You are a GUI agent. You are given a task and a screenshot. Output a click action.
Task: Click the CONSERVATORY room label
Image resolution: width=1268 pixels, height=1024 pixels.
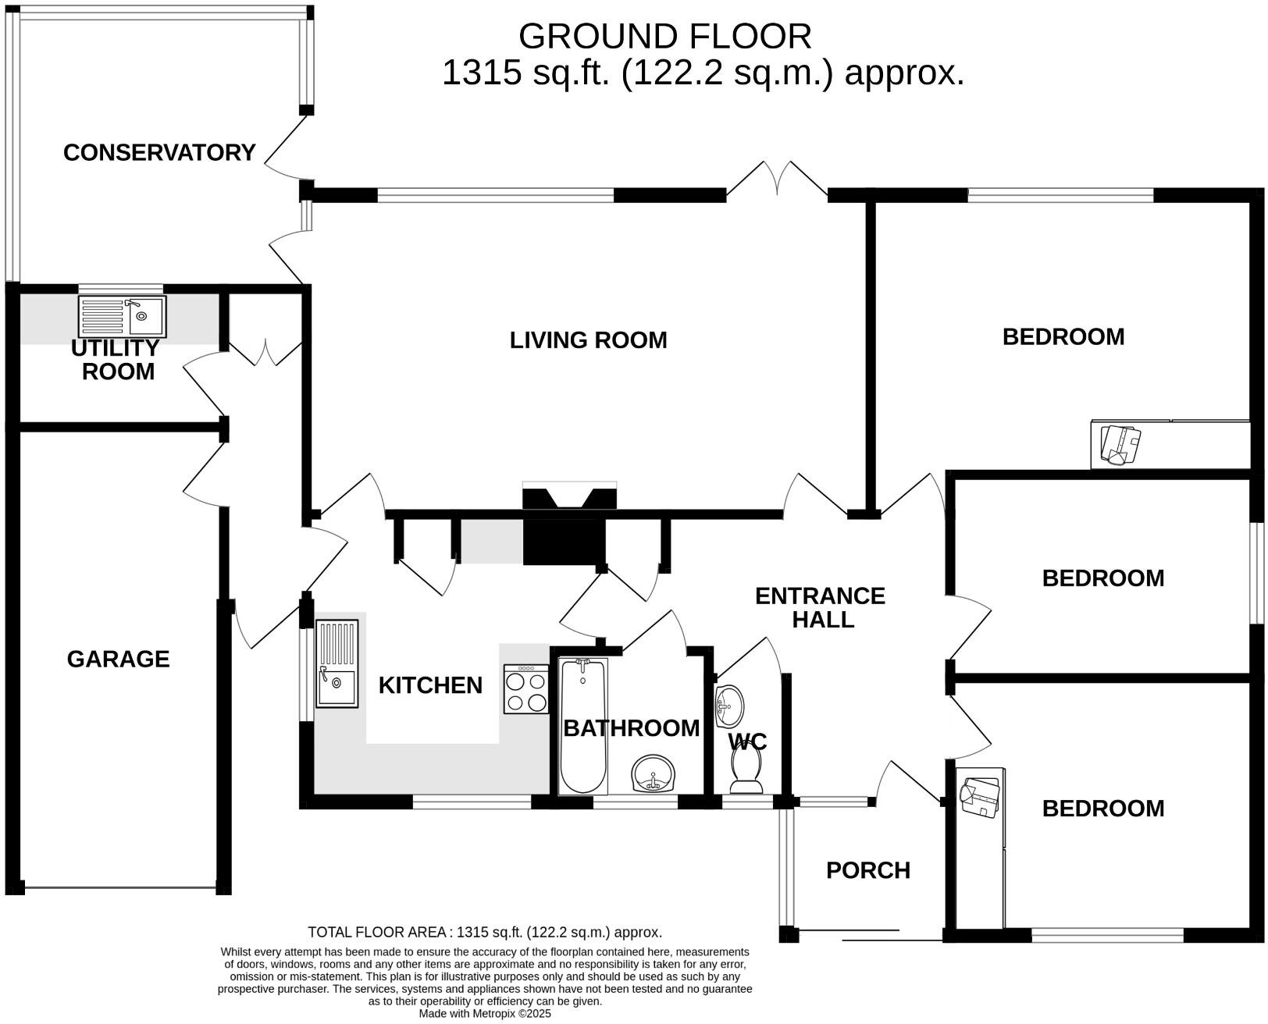[x=159, y=153]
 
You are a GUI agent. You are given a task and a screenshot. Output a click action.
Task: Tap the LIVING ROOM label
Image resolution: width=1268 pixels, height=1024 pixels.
[x=588, y=340]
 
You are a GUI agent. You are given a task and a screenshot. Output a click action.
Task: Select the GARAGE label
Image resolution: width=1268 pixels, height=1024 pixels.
[x=118, y=660]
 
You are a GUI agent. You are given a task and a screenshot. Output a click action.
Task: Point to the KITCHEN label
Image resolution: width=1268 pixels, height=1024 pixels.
[x=430, y=685]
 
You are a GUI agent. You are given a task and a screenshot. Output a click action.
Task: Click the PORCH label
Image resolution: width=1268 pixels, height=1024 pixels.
[x=868, y=870]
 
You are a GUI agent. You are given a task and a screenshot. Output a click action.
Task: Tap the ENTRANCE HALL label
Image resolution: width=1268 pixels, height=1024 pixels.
[x=821, y=607]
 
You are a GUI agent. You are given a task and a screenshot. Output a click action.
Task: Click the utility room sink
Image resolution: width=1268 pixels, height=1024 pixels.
[x=122, y=316]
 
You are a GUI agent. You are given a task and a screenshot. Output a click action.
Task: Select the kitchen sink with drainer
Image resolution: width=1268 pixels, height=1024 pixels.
[x=337, y=663]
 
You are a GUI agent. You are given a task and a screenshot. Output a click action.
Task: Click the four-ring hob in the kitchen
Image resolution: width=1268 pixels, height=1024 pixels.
[x=526, y=688]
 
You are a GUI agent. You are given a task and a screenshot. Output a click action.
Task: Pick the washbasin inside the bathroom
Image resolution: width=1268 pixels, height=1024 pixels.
[x=653, y=774]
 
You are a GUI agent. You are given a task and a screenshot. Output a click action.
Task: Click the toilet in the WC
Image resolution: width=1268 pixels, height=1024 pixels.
[x=747, y=770]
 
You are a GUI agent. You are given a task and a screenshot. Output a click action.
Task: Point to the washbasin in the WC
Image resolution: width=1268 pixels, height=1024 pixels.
[x=729, y=706]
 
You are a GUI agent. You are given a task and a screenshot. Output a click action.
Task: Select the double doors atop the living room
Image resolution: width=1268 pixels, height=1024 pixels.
[x=777, y=178]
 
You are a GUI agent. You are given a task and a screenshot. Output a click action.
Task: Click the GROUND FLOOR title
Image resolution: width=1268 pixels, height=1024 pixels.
[x=665, y=37]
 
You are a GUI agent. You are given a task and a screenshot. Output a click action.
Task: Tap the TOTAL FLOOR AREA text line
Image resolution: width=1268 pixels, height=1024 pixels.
[x=485, y=933]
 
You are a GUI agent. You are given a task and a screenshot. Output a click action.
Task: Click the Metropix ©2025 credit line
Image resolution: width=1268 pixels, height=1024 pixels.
[x=485, y=1013]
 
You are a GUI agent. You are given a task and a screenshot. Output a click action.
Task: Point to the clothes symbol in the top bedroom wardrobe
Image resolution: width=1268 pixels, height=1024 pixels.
[x=1120, y=444]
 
